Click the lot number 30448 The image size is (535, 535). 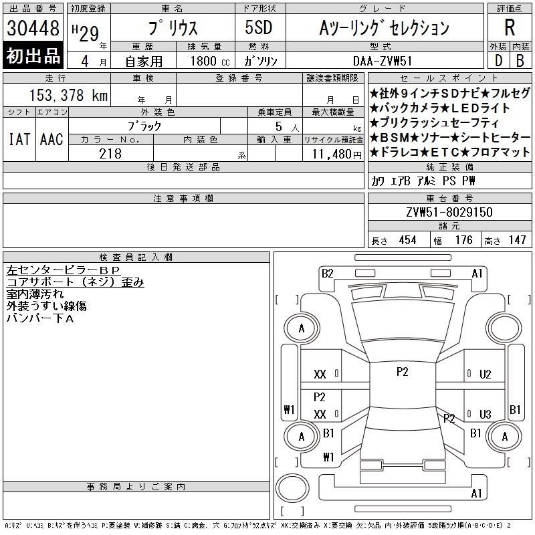pos(33,28)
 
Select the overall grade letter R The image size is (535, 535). pos(510,27)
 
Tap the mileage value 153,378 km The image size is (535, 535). pos(68,95)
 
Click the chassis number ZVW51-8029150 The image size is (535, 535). pos(449,212)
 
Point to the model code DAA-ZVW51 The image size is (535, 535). pos(383,61)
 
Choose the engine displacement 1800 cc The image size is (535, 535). pos(210,61)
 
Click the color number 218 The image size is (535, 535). pos(110,154)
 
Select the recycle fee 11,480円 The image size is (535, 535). pos(336,154)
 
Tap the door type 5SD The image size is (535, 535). pos(259,27)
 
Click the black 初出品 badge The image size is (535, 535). pos(33,56)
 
